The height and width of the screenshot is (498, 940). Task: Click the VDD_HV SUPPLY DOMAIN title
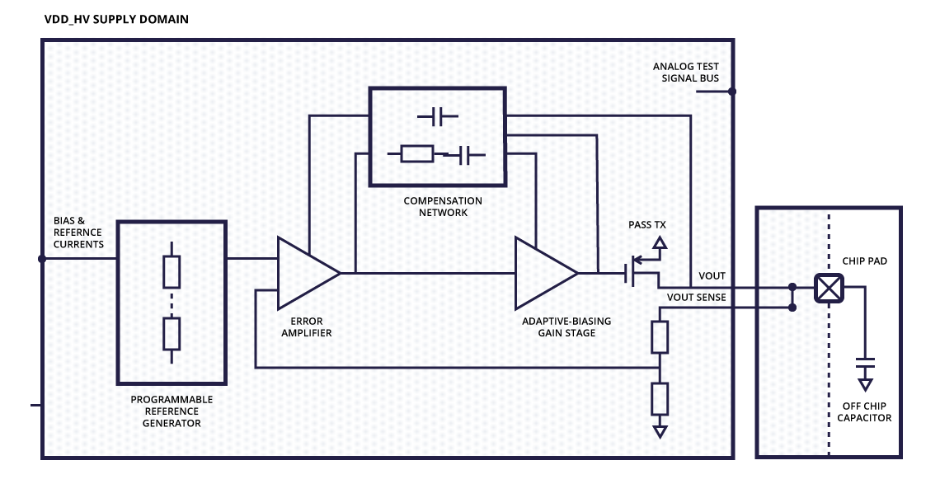[116, 18]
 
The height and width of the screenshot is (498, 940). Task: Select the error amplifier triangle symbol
[305, 272]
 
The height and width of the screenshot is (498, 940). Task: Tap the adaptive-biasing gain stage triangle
[543, 272]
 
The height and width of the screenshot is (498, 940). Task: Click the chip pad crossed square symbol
[828, 288]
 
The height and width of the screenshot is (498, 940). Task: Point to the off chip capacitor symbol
[865, 363]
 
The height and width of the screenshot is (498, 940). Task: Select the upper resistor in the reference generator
[172, 270]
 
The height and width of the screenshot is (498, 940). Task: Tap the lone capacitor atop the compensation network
[437, 118]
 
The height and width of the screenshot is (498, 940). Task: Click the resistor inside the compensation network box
[416, 153]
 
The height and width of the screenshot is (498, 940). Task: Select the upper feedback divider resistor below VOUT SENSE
[659, 336]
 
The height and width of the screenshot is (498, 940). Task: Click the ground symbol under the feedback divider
[659, 431]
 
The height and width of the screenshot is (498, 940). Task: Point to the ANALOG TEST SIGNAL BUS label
[686, 73]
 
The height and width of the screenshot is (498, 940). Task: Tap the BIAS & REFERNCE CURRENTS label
[79, 233]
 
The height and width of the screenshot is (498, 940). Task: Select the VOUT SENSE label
[695, 297]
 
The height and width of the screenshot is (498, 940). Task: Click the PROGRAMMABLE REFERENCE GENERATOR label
[172, 411]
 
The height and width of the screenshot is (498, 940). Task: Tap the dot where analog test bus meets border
[732, 92]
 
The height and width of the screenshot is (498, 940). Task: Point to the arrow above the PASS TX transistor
[659, 242]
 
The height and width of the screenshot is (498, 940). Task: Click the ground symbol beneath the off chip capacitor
[865, 384]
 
